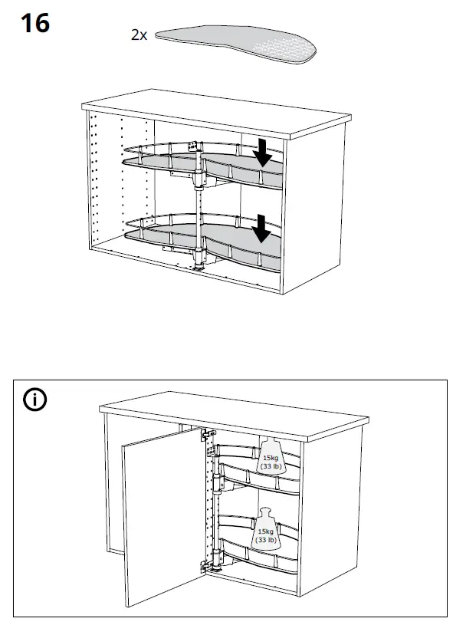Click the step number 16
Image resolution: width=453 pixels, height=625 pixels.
(x=34, y=23)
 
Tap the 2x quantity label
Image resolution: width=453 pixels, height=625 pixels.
(x=138, y=35)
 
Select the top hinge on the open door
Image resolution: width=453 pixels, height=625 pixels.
(x=206, y=435)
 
